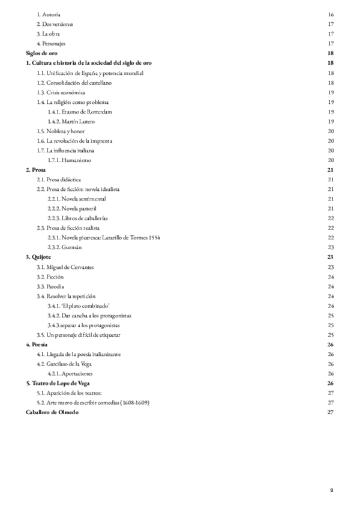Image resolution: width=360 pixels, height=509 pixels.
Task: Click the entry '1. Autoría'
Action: click(48, 13)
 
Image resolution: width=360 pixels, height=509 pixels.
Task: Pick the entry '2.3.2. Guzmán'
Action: click(65, 247)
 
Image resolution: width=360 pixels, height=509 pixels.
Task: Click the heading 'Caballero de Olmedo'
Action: click(52, 412)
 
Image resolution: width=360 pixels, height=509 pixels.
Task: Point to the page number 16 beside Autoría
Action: click(331, 13)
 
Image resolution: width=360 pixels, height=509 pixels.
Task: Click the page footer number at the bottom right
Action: click(331, 490)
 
